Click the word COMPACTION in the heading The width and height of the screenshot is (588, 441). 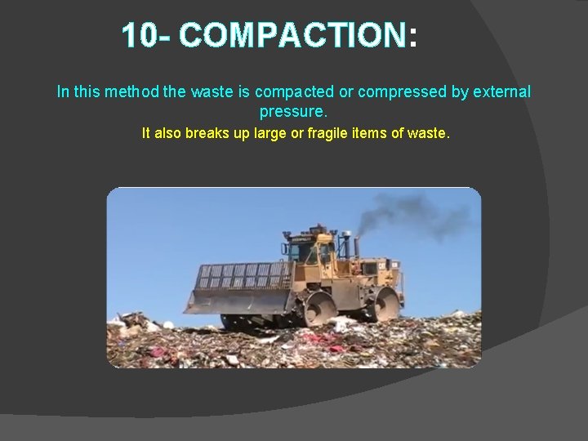click(292, 36)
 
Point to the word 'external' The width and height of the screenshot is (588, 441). click(497, 91)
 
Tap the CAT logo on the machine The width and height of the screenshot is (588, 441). click(383, 267)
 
